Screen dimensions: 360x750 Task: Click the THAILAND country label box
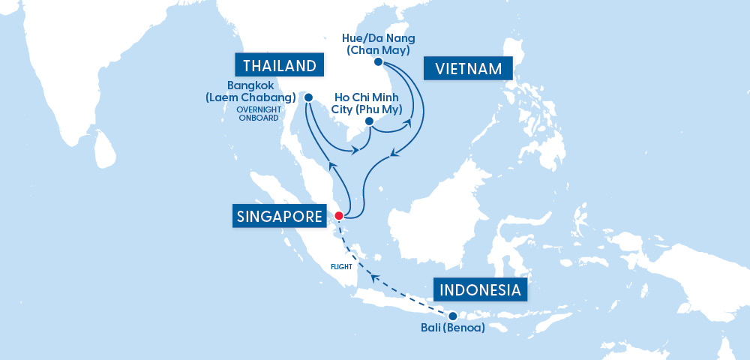(278, 65)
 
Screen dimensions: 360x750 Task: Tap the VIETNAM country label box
(468, 69)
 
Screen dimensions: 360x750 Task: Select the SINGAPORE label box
(277, 217)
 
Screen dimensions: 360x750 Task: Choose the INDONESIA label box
(479, 290)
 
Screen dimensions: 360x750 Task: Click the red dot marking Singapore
(338, 216)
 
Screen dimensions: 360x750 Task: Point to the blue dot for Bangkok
(307, 96)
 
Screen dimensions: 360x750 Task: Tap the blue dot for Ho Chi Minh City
(369, 121)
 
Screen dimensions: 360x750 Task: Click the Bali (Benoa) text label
(452, 328)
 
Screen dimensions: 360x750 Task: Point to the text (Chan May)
(378, 49)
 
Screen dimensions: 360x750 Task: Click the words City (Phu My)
(366, 109)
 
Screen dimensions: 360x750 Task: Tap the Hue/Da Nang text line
(378, 37)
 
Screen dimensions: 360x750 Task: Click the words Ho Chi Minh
(366, 97)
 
